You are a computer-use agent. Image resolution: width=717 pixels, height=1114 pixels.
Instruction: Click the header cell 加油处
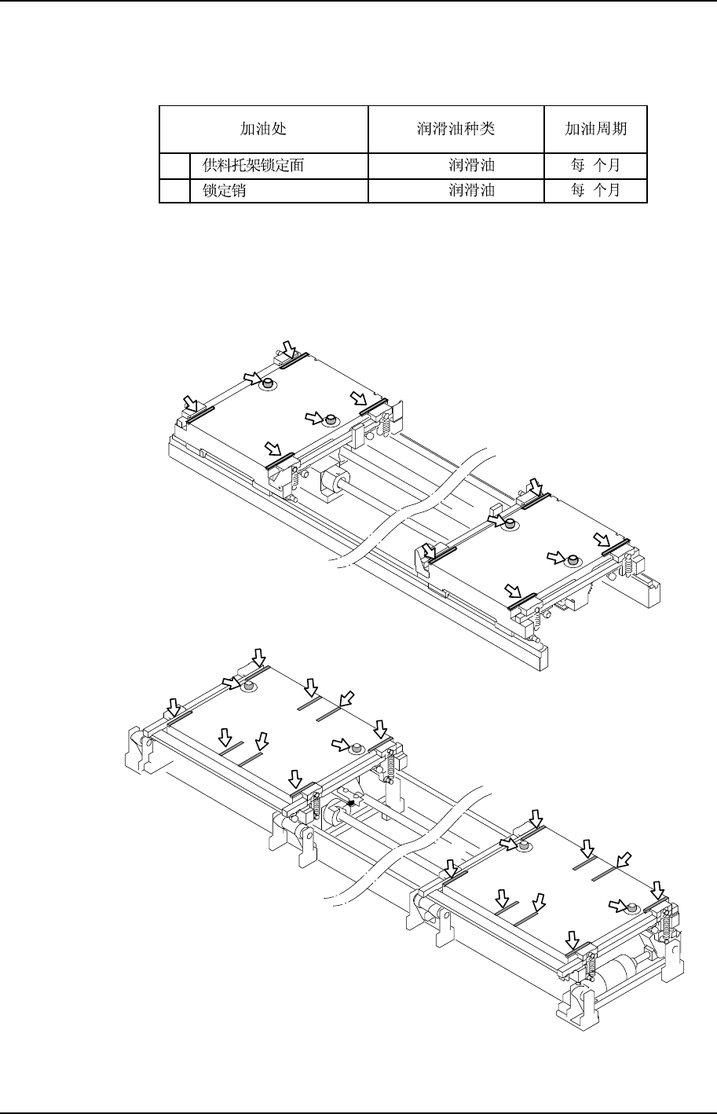coord(263,129)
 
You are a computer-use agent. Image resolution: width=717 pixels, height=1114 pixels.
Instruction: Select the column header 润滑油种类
coord(456,129)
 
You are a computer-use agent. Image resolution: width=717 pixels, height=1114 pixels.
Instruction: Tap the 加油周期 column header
coord(596,129)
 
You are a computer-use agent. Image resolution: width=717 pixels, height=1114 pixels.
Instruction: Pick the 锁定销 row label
coord(225,190)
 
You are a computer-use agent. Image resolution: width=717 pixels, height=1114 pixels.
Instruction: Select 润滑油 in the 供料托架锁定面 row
coord(471,166)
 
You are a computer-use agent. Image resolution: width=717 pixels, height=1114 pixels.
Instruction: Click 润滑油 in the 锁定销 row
coord(471,190)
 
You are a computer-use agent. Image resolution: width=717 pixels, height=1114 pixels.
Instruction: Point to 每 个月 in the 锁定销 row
coord(596,190)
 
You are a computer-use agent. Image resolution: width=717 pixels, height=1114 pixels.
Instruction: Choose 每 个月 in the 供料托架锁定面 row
coord(596,166)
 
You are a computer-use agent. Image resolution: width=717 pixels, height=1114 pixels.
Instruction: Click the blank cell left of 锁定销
coord(174,190)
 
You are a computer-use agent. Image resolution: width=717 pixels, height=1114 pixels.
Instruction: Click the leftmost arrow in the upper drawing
coord(189,403)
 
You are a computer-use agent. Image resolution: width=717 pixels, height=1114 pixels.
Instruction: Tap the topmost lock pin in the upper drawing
coord(269,384)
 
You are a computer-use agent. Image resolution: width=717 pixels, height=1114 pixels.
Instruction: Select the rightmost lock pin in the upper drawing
coord(573,560)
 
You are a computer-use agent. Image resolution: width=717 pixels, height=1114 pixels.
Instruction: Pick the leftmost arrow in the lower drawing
coord(174,704)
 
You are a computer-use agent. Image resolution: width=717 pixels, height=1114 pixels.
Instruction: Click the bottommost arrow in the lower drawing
coord(573,939)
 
